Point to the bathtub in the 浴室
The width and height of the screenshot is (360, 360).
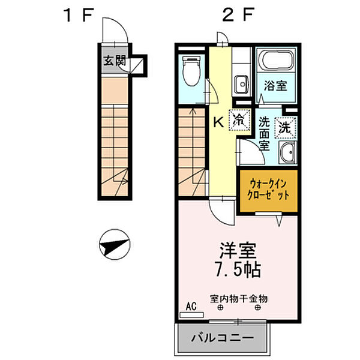pyautogui.click(x=275, y=62)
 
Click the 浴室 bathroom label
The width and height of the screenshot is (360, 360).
pyautogui.click(x=275, y=85)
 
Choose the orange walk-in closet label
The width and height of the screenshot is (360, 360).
pyautogui.click(x=269, y=190)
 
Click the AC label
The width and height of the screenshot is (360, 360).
pyautogui.click(x=191, y=306)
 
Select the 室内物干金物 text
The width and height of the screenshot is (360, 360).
pyautogui.click(x=238, y=298)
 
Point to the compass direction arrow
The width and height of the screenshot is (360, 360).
pyautogui.click(x=114, y=244)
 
